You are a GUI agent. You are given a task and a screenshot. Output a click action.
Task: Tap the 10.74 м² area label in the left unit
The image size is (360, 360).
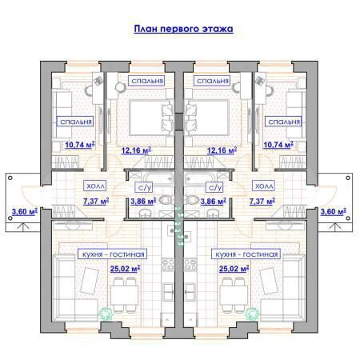click(79, 145)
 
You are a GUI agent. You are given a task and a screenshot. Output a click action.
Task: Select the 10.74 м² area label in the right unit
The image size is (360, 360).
click(279, 145)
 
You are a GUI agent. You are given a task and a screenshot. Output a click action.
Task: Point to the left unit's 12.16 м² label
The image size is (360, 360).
click(136, 150)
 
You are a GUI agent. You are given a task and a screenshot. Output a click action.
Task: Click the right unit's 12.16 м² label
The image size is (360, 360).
click(222, 150)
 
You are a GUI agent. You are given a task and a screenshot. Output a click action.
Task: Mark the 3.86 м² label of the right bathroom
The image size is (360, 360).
click(214, 202)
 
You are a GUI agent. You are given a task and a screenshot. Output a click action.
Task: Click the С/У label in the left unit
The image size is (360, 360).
click(145, 186)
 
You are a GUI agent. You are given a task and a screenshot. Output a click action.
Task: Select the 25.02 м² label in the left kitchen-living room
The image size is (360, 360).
click(126, 269)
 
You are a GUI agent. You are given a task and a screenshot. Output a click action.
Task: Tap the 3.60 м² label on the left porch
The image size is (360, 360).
click(25, 212)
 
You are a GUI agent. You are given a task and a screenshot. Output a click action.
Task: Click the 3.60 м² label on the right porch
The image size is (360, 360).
click(333, 212)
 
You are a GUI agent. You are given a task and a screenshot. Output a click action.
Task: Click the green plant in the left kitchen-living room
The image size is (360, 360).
click(102, 314)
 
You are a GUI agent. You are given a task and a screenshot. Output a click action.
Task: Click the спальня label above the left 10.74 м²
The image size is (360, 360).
click(74, 122)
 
